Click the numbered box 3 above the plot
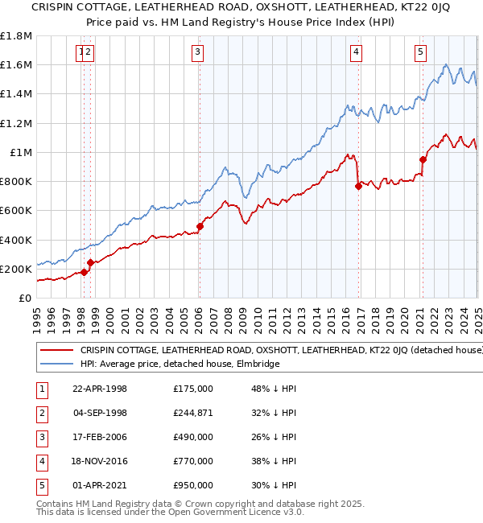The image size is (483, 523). coord(197,54)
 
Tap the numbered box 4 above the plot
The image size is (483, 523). coord(356,54)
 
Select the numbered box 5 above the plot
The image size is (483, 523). coord(420,54)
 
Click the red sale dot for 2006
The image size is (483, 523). coord(200,226)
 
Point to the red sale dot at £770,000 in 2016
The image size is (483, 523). coord(359,186)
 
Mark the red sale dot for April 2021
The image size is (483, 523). coord(423,159)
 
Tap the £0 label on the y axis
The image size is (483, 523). coord(24,298)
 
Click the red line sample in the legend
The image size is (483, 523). coord(56,351)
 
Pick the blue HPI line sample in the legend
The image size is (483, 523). coord(56,364)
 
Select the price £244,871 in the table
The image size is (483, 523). coord(193,413)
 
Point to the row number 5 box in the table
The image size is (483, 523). coord(41,485)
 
